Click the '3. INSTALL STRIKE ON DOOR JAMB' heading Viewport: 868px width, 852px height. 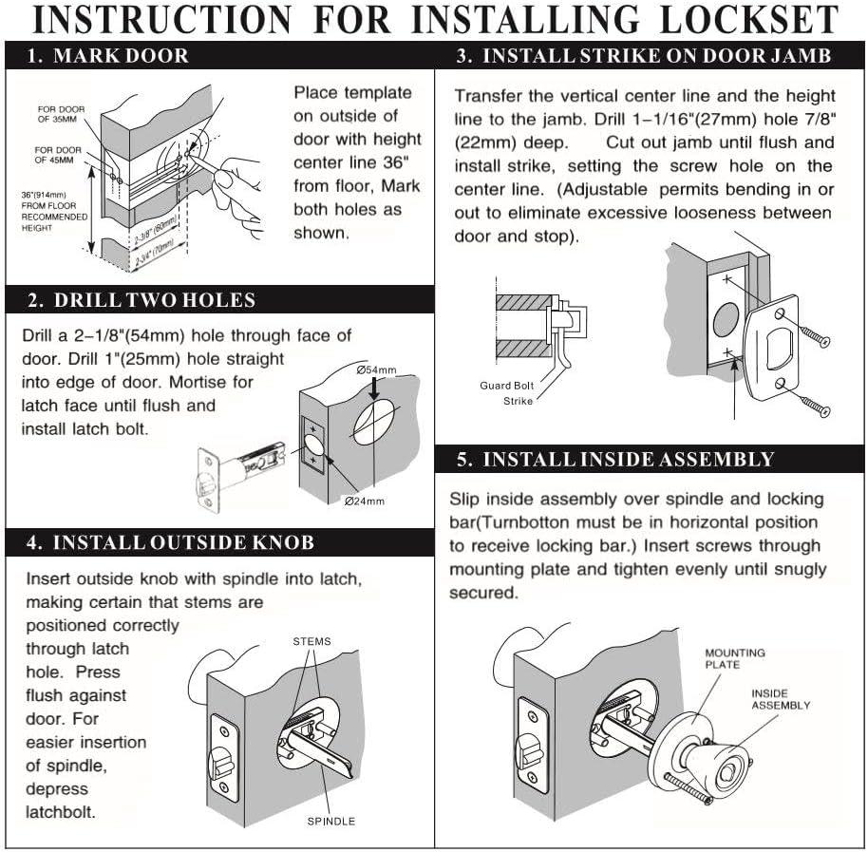(643, 56)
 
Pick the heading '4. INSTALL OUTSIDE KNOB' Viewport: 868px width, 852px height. (170, 543)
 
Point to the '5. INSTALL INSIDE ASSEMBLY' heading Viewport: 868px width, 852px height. (614, 460)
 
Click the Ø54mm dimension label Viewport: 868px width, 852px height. (378, 369)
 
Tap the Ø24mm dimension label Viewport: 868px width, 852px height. (365, 501)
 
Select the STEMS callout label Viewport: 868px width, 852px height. (312, 642)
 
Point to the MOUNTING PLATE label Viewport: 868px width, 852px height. (733, 659)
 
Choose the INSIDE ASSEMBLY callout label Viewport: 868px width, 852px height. (781, 699)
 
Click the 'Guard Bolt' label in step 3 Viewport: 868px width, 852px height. (506, 386)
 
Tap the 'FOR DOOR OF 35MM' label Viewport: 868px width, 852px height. (61, 115)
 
